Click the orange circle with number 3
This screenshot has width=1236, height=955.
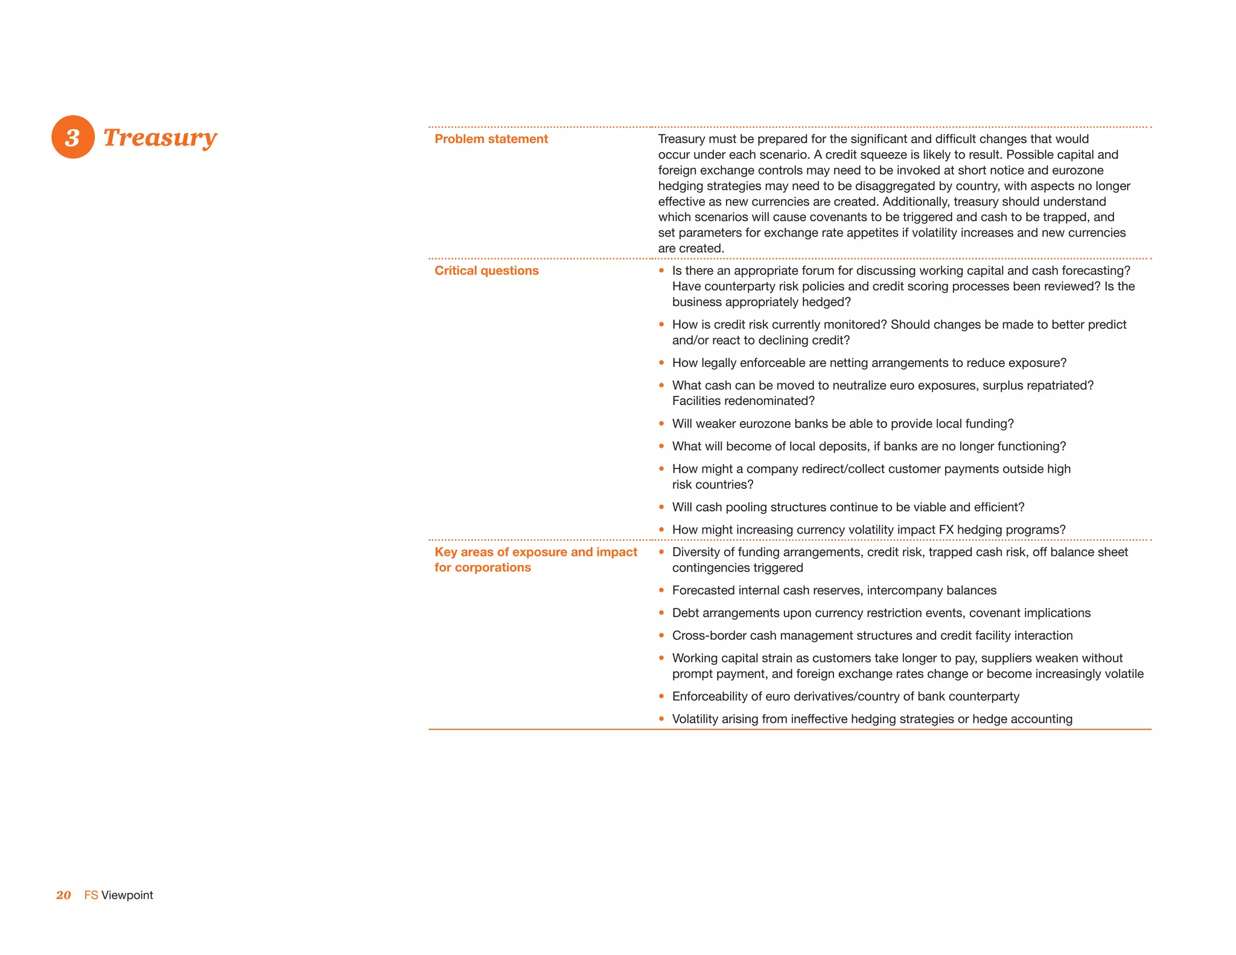click(73, 137)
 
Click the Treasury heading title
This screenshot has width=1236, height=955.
click(160, 138)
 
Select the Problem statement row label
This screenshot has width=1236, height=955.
click(491, 139)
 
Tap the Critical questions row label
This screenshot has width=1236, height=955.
click(486, 270)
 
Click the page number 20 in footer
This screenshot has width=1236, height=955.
click(63, 895)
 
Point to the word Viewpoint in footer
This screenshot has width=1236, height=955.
click(127, 895)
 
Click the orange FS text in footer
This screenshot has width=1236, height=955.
click(91, 895)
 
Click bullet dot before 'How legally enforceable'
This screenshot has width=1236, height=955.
click(661, 363)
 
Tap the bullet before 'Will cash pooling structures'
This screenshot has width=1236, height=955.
click(661, 507)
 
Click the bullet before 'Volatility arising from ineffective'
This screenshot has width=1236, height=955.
click(661, 719)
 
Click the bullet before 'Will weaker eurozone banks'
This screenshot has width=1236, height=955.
click(661, 424)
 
